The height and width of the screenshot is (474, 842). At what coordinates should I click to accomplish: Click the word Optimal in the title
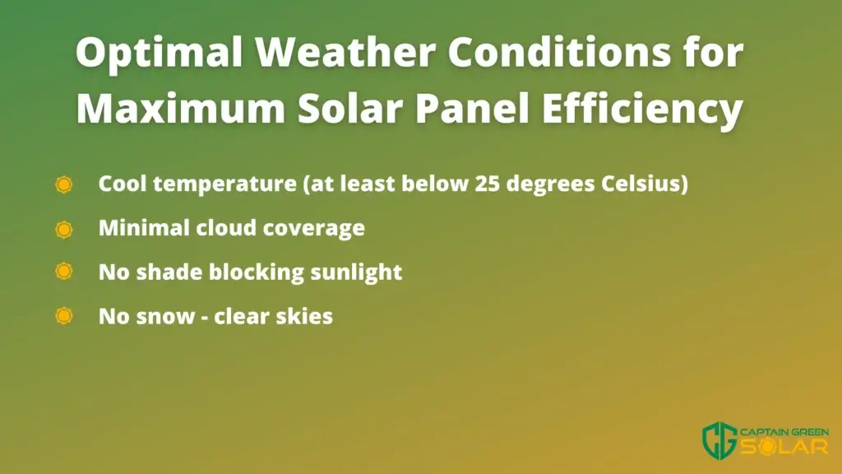(x=160, y=53)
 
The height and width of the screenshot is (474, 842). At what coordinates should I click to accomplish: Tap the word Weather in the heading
(x=345, y=52)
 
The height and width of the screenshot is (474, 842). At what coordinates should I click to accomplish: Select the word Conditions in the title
(x=559, y=52)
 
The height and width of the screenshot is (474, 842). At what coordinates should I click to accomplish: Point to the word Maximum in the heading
(x=180, y=108)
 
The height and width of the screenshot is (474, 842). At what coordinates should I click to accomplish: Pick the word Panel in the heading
(x=472, y=108)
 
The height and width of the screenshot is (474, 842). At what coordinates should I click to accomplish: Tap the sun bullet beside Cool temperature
(x=64, y=184)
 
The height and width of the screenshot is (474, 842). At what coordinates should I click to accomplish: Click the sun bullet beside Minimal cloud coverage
(x=64, y=230)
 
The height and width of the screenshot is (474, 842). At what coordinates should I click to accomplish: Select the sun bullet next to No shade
(x=64, y=271)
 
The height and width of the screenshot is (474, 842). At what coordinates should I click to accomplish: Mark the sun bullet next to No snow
(x=64, y=315)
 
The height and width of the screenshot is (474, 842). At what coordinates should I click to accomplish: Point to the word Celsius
(x=645, y=184)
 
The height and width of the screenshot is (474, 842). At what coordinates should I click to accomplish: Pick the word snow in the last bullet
(x=165, y=317)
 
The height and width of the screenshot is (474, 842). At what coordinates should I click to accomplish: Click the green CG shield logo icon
(x=719, y=441)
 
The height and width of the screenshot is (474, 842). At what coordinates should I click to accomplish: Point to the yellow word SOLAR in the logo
(x=784, y=447)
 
